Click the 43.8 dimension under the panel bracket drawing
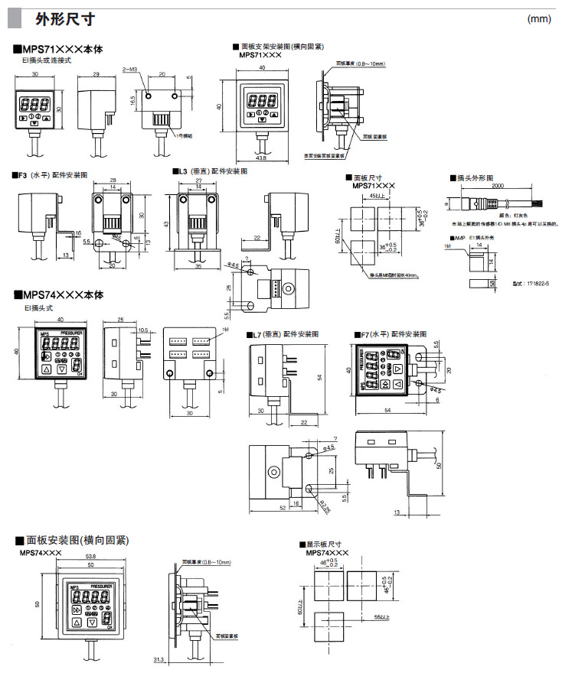click(261, 158)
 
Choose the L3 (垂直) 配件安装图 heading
click(212, 171)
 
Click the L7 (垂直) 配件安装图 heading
click(282, 335)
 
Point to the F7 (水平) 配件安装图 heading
click(391, 335)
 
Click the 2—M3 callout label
click(129, 69)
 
